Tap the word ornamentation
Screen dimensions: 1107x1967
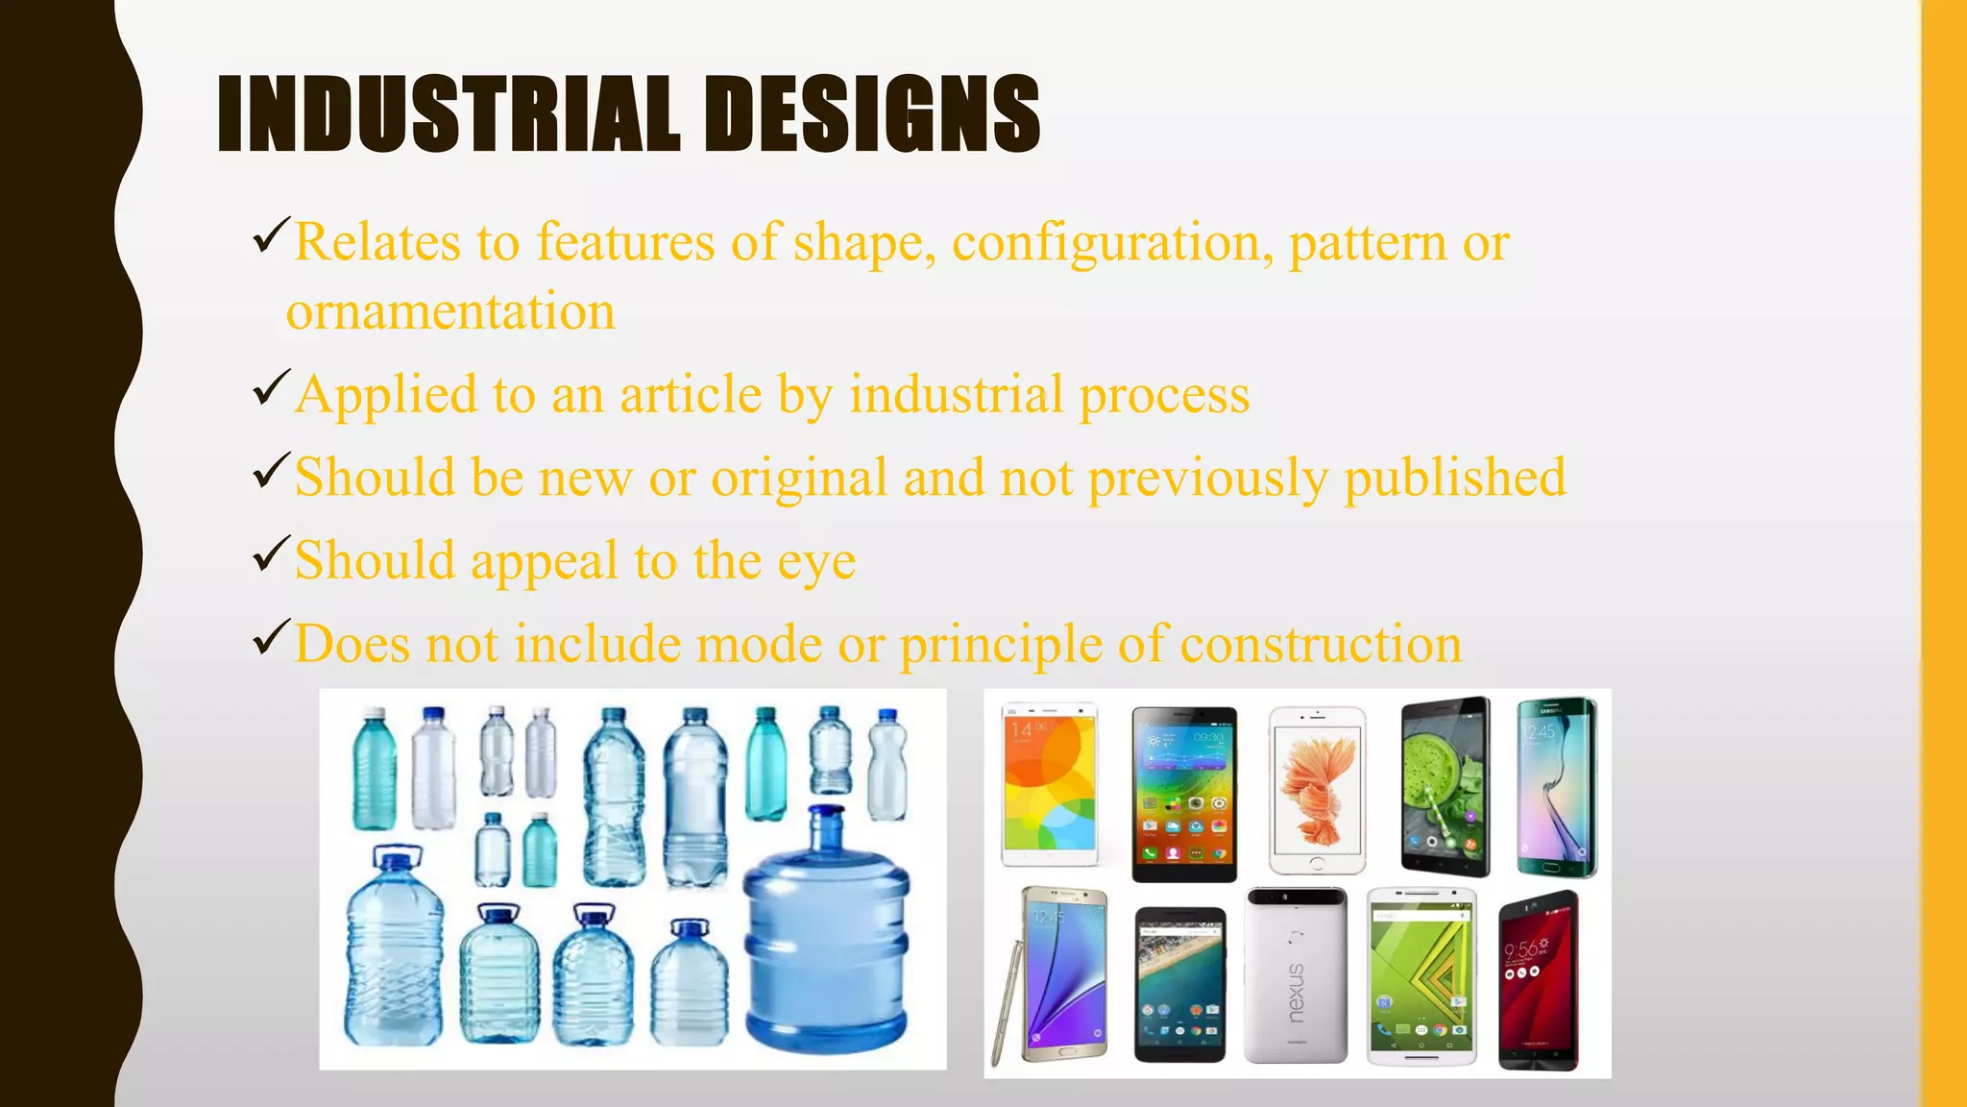450,312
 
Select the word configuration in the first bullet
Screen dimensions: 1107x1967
1105,242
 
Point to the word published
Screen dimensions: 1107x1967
1455,478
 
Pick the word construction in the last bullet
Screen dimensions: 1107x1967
1321,644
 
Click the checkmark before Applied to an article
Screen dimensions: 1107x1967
271,387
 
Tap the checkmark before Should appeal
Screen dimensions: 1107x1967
271,553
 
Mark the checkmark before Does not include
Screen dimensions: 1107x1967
271,637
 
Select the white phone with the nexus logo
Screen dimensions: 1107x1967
1296,975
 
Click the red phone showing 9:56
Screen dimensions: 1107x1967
1538,982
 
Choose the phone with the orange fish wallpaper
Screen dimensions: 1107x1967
1317,790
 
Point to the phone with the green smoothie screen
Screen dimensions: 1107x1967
1445,786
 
